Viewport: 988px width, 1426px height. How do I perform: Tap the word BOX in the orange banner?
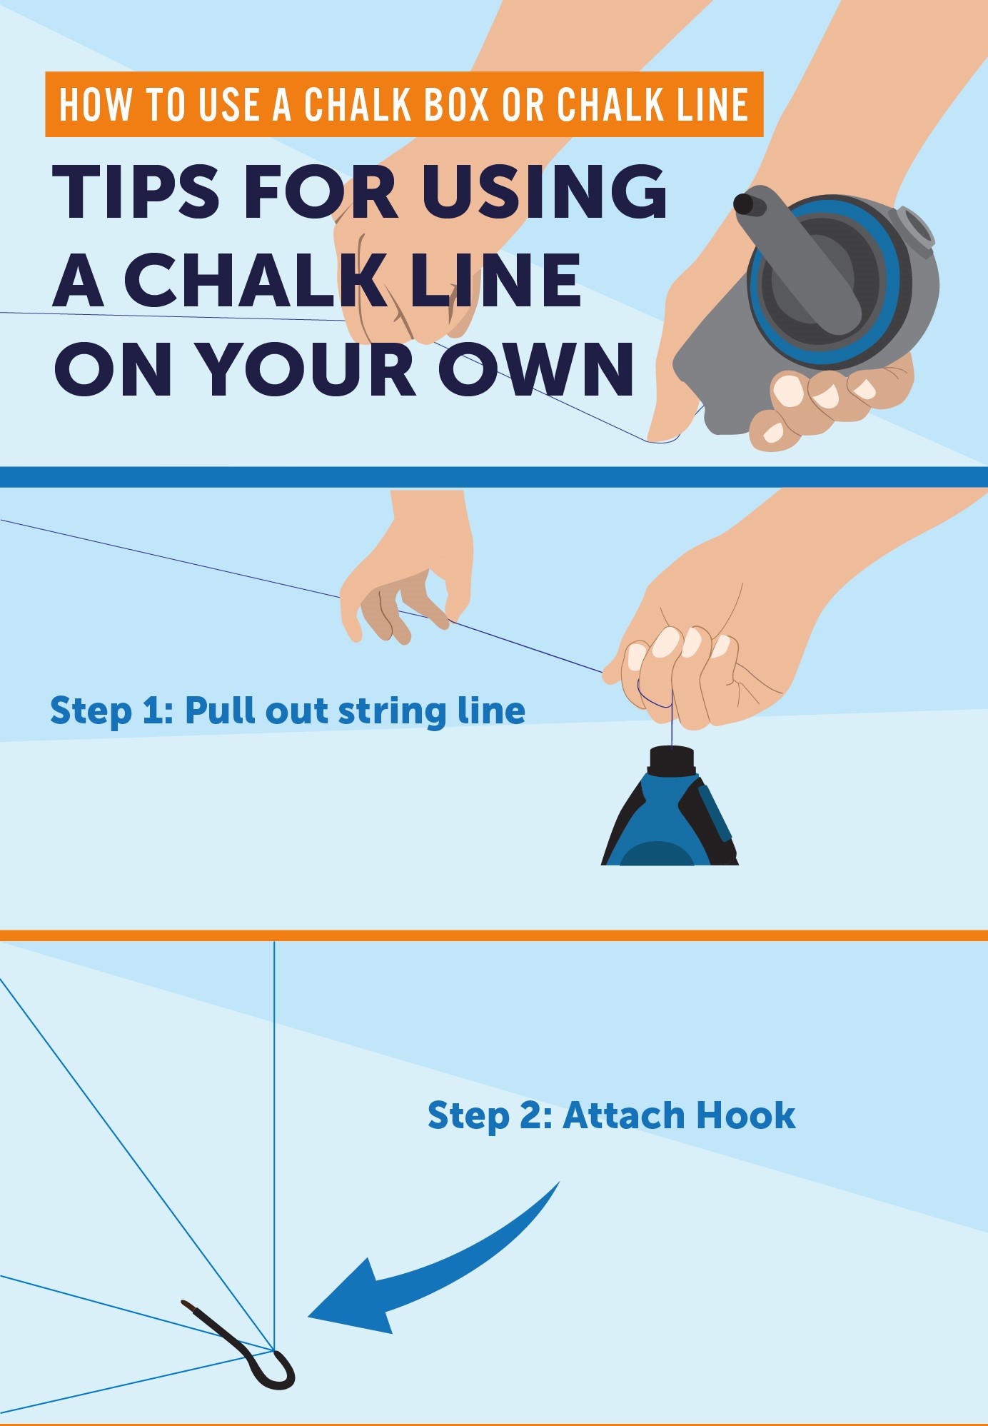(x=457, y=105)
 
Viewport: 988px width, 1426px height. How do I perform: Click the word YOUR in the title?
(x=307, y=369)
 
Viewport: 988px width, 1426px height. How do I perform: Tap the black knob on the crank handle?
(x=747, y=204)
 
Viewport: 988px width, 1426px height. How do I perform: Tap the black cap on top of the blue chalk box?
(x=672, y=758)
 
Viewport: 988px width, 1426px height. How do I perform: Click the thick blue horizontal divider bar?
(x=494, y=477)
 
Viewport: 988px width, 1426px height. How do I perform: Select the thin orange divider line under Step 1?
(x=494, y=935)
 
